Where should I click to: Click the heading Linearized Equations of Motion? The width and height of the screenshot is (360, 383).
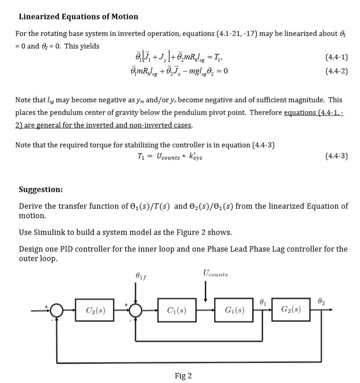click(78, 17)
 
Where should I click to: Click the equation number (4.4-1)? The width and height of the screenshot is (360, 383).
click(336, 58)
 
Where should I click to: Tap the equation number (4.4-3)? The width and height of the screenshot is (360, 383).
click(336, 156)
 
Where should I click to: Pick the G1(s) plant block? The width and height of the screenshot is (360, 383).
click(234, 310)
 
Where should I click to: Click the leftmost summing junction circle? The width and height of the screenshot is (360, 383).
click(56, 310)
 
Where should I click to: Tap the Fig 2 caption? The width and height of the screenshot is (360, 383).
click(183, 375)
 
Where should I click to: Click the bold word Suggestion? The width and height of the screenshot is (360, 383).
click(41, 189)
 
